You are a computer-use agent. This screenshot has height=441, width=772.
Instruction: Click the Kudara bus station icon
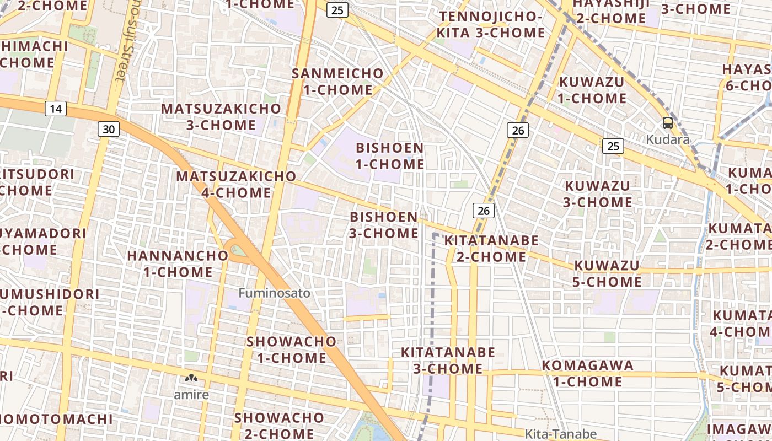pos(667,123)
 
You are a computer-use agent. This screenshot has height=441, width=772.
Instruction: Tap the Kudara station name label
pos(667,139)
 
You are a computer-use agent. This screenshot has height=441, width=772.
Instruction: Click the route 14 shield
pos(55,109)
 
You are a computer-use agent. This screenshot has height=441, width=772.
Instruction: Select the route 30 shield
pos(109,129)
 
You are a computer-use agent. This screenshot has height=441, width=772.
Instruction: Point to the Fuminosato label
pos(274,293)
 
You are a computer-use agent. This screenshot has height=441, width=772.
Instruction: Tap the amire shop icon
pos(191,379)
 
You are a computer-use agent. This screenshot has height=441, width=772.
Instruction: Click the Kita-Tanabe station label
pos(560,434)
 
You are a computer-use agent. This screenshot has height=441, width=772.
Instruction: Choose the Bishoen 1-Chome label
pos(390,156)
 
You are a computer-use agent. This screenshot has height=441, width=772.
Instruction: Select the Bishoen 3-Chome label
pos(384,225)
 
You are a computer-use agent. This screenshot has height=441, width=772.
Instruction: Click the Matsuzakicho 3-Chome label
pos(221,117)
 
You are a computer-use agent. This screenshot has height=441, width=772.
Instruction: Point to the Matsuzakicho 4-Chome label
pos(236,185)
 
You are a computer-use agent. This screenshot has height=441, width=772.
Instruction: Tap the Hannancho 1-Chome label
pos(178,264)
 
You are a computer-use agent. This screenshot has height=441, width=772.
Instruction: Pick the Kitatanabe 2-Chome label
pos(491,249)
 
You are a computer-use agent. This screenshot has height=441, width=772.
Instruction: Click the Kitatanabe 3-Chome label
pos(448,361)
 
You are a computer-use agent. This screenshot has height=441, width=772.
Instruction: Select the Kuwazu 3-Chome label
pos(597,193)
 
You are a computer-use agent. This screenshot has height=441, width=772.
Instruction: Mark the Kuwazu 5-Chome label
pos(608,274)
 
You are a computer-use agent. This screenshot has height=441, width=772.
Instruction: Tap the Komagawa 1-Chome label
pos(587,373)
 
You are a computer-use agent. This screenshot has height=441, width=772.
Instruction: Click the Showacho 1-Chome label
pos(291,349)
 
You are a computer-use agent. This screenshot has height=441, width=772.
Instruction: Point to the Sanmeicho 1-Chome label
pos(337,81)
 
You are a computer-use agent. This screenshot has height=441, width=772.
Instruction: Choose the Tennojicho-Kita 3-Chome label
pos(491,24)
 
